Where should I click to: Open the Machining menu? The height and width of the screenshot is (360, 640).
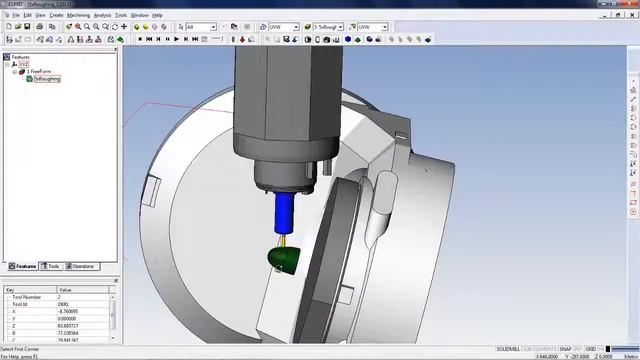point(78,15)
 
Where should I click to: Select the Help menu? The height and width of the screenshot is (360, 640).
point(157,15)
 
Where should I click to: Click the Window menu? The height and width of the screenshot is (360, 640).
point(140,15)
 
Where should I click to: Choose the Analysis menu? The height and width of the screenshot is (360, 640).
point(102,15)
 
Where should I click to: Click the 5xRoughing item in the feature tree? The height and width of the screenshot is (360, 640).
point(47,78)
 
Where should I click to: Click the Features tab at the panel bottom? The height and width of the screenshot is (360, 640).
point(23,266)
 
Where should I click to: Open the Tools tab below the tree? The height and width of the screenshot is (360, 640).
point(53,266)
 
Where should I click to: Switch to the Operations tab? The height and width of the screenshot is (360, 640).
point(82,266)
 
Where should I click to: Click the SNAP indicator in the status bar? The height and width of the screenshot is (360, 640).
point(565,348)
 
